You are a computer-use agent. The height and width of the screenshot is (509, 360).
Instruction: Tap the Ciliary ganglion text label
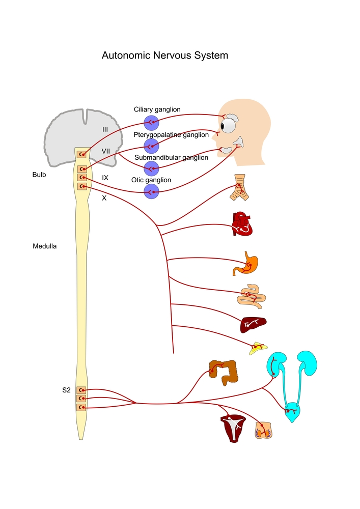click(157, 109)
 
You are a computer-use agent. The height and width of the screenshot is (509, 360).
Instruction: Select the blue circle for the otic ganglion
click(151, 191)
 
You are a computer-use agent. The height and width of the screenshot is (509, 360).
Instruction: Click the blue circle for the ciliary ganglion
click(151, 123)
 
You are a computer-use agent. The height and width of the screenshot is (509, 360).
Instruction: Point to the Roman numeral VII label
click(106, 151)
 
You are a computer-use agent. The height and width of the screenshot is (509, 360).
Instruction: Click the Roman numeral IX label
click(105, 178)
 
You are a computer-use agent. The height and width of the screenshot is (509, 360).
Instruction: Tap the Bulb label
click(39, 175)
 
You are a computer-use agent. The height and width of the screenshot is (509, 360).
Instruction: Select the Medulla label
click(45, 246)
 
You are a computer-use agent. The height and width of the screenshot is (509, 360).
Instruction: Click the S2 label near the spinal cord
click(66, 390)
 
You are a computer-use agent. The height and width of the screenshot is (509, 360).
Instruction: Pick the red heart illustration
click(242, 223)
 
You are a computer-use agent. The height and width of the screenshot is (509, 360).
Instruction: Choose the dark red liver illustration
click(253, 324)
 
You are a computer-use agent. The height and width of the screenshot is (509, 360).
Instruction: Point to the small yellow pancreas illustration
click(258, 348)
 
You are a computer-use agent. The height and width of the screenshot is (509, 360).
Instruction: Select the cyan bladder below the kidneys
click(292, 412)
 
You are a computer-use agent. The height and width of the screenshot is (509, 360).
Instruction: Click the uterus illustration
click(232, 427)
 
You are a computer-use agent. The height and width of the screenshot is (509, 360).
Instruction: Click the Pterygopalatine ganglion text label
click(171, 135)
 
